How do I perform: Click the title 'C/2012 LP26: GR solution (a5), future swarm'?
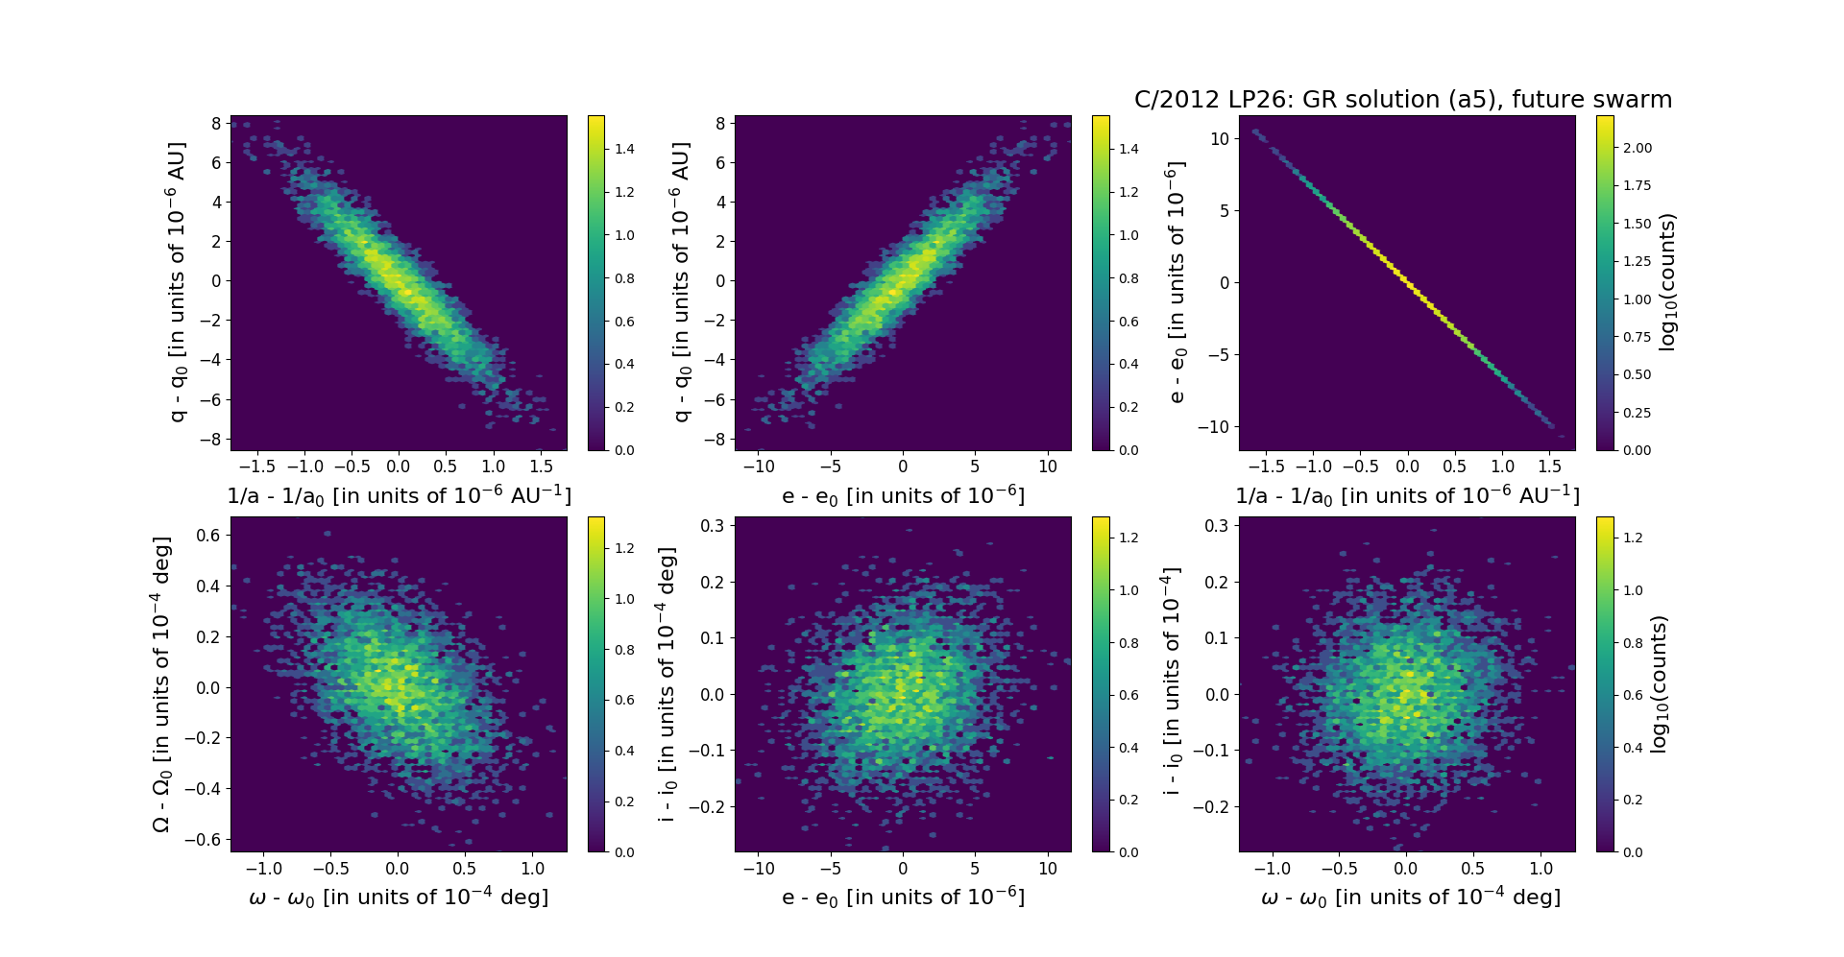[x=1403, y=100]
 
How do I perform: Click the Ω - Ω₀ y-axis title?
[x=162, y=683]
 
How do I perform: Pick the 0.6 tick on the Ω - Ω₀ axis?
[x=209, y=535]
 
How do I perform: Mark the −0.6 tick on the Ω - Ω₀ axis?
[x=205, y=839]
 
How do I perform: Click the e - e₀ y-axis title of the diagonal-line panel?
[x=1175, y=282]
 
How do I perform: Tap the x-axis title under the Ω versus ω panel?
[x=399, y=897]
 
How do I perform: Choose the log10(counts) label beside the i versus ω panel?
[x=1659, y=683]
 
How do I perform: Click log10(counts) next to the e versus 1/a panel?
[x=1667, y=282]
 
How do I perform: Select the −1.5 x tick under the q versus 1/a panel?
[x=256, y=467]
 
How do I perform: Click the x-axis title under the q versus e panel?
[x=903, y=496]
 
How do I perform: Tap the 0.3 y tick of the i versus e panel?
[x=712, y=525]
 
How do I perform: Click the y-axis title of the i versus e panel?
[x=667, y=683]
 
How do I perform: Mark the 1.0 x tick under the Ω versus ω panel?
[x=532, y=869]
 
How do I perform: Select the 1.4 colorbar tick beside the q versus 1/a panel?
[x=624, y=149]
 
